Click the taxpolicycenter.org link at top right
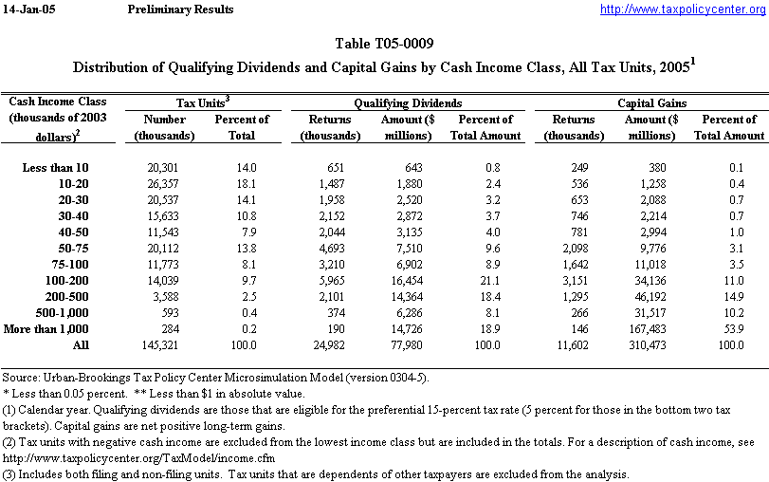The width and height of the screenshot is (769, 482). (x=683, y=9)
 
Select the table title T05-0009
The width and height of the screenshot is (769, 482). (x=384, y=45)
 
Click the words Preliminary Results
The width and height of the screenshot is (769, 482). (x=179, y=9)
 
